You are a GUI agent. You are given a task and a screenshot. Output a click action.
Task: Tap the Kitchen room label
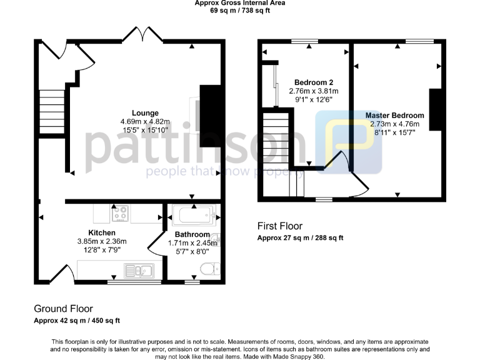point(101,233)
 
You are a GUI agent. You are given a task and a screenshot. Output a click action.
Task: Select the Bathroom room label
point(187,235)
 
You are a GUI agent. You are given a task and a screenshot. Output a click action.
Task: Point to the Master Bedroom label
point(394,116)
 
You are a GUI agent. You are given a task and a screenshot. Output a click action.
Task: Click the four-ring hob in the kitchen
point(120,214)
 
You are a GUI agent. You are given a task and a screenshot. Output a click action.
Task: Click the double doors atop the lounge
point(142,34)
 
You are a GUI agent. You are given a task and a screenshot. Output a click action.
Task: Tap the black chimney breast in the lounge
point(211,115)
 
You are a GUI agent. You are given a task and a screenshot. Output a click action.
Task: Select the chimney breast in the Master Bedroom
point(436,110)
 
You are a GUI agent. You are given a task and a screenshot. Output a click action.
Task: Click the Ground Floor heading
point(63,309)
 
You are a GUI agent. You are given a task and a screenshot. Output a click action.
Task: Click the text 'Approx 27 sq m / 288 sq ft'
point(300,238)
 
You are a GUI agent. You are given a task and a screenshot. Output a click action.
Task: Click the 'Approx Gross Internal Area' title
point(239,3)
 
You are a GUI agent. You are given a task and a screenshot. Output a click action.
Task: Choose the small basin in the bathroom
point(215,239)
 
